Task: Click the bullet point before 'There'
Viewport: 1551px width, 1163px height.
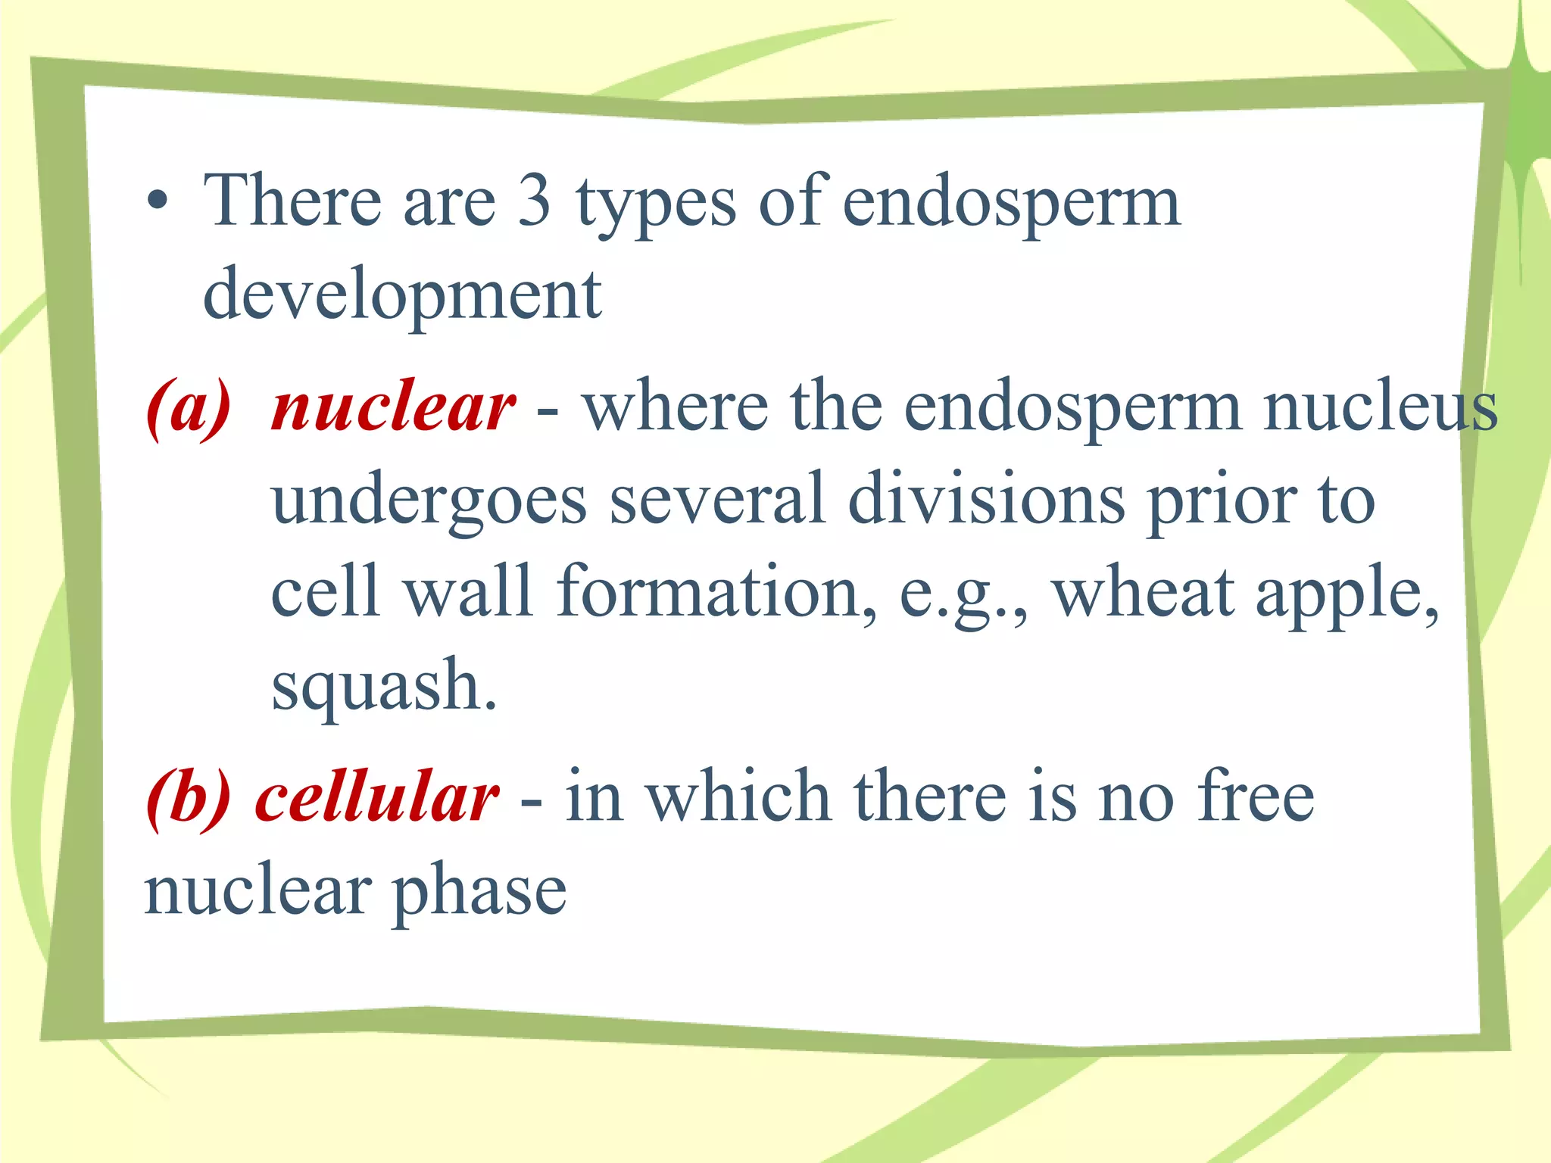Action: click(x=158, y=202)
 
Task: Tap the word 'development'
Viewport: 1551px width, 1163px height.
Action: click(x=402, y=295)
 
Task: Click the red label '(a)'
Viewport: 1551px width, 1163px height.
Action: click(x=189, y=408)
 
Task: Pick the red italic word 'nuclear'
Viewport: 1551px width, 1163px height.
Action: click(x=394, y=408)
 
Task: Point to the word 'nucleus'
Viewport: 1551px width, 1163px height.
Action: click(x=1381, y=408)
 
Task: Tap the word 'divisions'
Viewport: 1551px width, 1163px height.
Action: click(x=986, y=500)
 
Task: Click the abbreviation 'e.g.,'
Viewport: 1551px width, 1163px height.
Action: click(x=963, y=595)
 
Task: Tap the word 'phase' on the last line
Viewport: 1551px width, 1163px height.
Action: click(x=479, y=893)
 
